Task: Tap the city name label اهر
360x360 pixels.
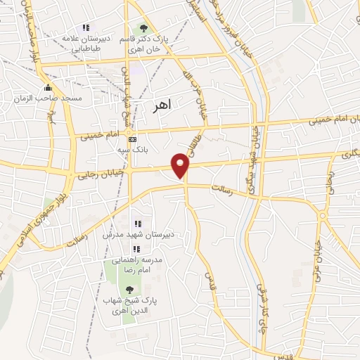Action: tap(162, 105)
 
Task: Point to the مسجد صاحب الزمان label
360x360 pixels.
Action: tap(48, 98)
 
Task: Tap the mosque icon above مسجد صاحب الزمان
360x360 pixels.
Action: tap(48, 87)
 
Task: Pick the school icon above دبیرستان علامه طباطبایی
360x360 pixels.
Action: tap(85, 27)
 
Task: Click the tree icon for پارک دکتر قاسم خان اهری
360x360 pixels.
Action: tap(143, 28)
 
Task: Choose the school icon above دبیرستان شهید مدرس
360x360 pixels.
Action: tap(138, 223)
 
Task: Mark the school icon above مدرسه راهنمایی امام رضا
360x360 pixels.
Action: tap(138, 249)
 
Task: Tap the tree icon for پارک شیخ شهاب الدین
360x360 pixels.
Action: tap(129, 290)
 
